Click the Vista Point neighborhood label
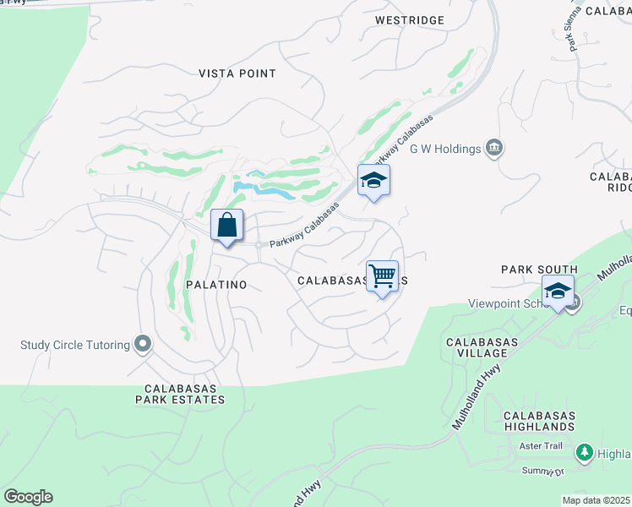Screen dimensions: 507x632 click(x=237, y=74)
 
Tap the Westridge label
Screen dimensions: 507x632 click(x=408, y=19)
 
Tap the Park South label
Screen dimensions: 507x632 click(x=539, y=270)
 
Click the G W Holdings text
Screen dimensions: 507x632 click(x=445, y=150)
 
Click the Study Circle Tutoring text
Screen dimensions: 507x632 click(x=75, y=345)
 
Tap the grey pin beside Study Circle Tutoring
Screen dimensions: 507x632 click(x=143, y=344)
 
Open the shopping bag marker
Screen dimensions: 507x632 click(x=226, y=226)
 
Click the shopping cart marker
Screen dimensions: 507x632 click(x=383, y=276)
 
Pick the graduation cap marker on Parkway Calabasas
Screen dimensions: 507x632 click(x=373, y=181)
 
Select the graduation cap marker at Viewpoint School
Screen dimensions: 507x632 click(x=558, y=292)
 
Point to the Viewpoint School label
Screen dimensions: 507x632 click(x=507, y=304)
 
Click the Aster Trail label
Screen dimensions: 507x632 click(x=542, y=446)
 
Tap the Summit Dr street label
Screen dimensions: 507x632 click(x=542, y=471)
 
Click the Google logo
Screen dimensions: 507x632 click(x=28, y=497)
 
